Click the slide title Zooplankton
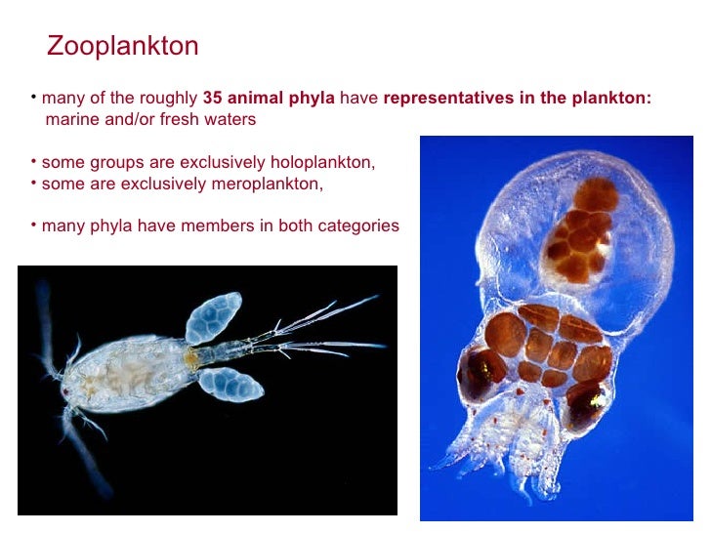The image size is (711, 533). click(x=122, y=46)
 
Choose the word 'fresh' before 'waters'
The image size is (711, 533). click(x=183, y=119)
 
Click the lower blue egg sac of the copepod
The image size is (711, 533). click(x=230, y=383)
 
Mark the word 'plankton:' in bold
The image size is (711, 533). click(x=613, y=99)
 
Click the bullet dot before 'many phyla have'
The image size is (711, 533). click(x=32, y=224)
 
